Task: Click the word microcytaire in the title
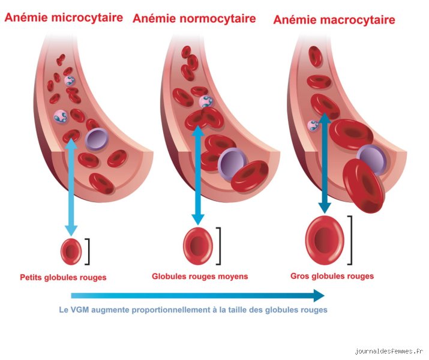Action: (87, 18)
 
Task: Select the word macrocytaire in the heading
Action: (358, 20)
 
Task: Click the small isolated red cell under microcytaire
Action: (71, 251)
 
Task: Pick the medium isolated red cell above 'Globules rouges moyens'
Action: (198, 246)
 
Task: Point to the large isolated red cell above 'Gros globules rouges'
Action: (325, 240)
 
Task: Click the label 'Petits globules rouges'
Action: (63, 277)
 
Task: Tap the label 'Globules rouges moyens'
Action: (200, 276)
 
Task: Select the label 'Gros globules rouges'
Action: (332, 276)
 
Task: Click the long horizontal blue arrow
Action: (198, 295)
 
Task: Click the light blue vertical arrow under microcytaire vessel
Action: (71, 187)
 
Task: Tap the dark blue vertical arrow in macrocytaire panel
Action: (325, 163)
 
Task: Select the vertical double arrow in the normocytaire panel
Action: (198, 175)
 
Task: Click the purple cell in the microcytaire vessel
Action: (97, 139)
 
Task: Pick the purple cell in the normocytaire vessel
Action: (232, 164)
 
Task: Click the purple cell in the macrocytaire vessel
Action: (372, 160)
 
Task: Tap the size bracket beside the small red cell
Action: (88, 251)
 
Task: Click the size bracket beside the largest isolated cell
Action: (350, 240)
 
